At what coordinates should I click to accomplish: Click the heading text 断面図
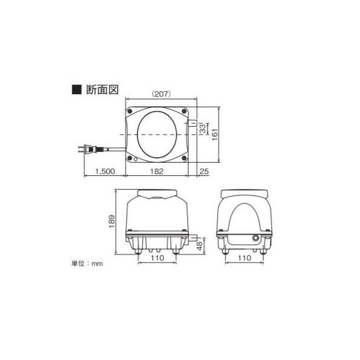click(x=102, y=89)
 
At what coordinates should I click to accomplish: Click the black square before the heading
click(x=77, y=89)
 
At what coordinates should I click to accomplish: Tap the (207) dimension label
click(x=161, y=94)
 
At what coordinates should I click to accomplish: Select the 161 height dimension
click(x=214, y=134)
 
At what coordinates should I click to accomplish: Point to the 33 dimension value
click(x=203, y=128)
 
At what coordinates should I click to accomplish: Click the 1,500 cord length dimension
click(x=105, y=171)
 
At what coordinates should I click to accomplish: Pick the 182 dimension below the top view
click(x=157, y=171)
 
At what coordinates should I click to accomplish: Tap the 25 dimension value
click(x=204, y=171)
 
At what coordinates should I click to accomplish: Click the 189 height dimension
click(x=112, y=221)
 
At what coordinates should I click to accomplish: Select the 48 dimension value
click(x=200, y=246)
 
